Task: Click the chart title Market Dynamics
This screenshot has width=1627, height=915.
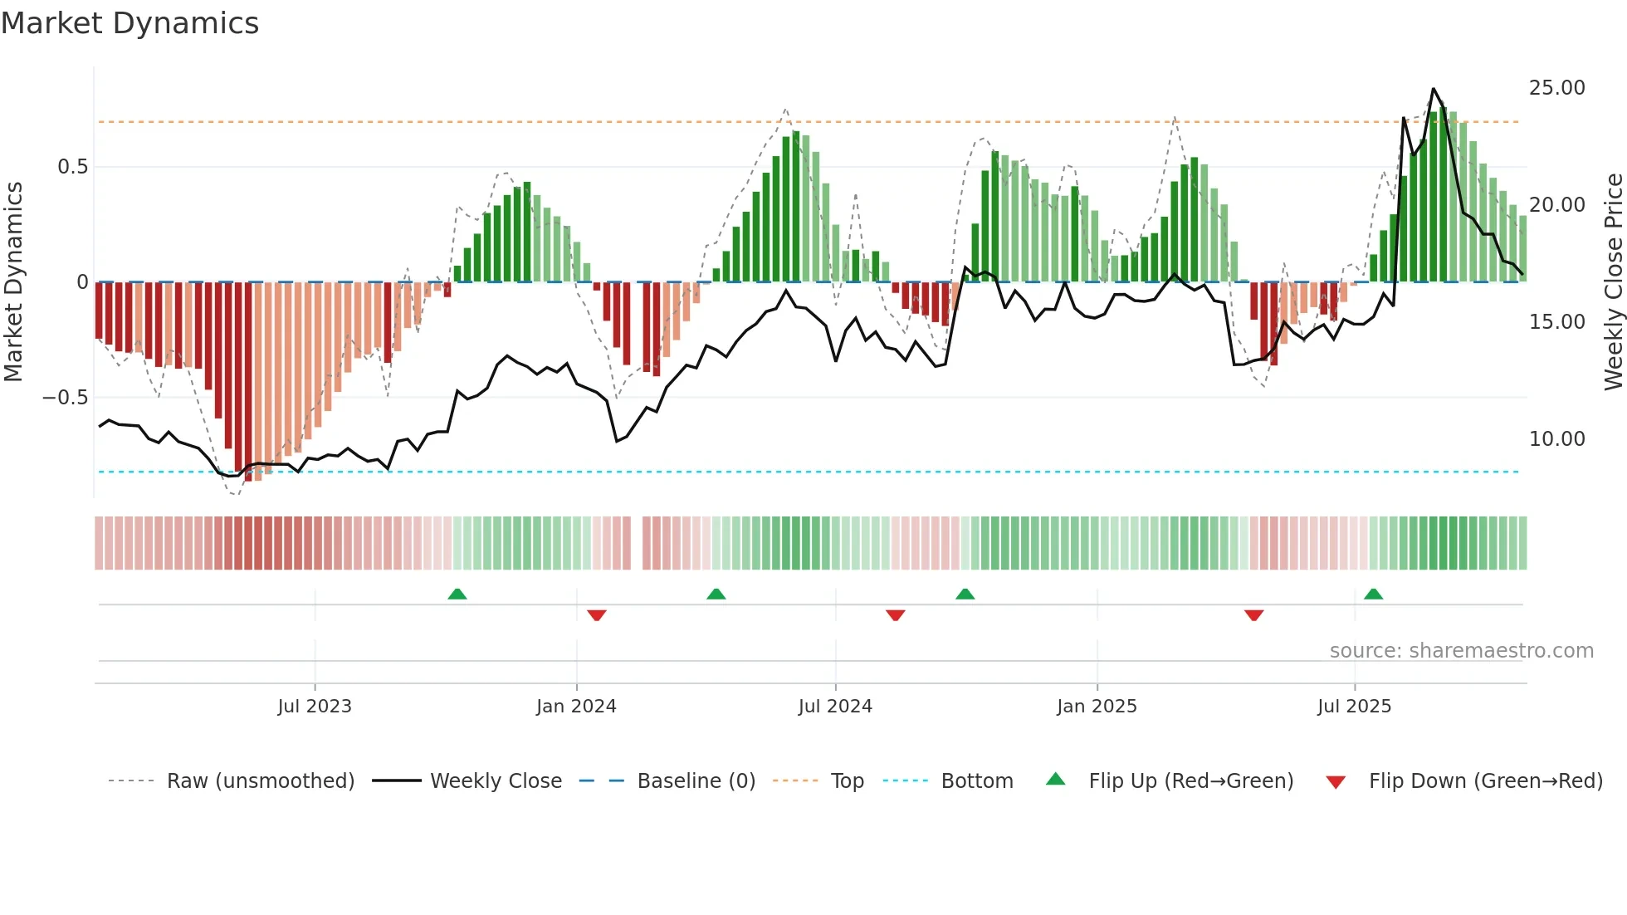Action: click(x=129, y=23)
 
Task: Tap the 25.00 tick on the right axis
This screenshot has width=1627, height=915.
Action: click(x=1556, y=88)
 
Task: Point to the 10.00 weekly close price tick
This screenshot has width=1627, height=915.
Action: click(x=1556, y=439)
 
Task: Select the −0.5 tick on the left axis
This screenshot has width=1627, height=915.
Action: click(x=65, y=398)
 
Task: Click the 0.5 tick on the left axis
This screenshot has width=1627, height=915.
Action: click(x=72, y=167)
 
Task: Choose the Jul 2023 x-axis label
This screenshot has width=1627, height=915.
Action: click(x=315, y=707)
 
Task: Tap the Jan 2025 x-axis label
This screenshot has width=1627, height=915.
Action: click(x=1097, y=707)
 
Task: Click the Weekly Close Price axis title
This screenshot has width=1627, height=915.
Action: click(x=1613, y=282)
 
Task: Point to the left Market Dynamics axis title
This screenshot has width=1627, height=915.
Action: click(x=13, y=282)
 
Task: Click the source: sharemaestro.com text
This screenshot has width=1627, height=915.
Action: click(x=1461, y=651)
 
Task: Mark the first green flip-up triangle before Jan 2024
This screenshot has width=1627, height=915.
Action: click(x=457, y=594)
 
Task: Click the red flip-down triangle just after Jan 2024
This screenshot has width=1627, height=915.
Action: click(x=597, y=615)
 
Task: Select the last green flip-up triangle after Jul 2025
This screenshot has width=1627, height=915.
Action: click(x=1373, y=594)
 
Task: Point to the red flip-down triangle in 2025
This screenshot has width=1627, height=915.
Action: click(x=1253, y=615)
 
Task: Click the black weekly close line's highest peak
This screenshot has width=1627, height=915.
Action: click(x=1433, y=89)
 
